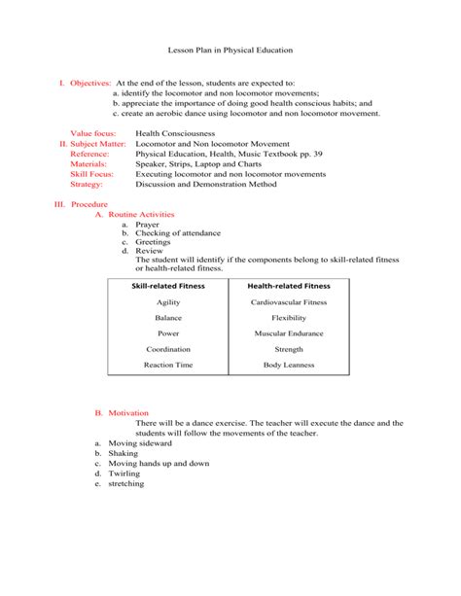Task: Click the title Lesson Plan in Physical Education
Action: pos(230,49)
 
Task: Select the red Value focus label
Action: pos(94,132)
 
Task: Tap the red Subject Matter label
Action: pos(97,143)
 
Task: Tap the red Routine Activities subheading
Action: pos(141,214)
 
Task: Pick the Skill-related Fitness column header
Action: pos(167,287)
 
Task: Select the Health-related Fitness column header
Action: pos(289,287)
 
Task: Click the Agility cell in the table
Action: pos(167,302)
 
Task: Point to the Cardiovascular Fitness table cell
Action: pos(289,302)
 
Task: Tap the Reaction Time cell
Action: pos(167,365)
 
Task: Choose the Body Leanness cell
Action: pos(289,365)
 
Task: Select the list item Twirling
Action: pos(125,473)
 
